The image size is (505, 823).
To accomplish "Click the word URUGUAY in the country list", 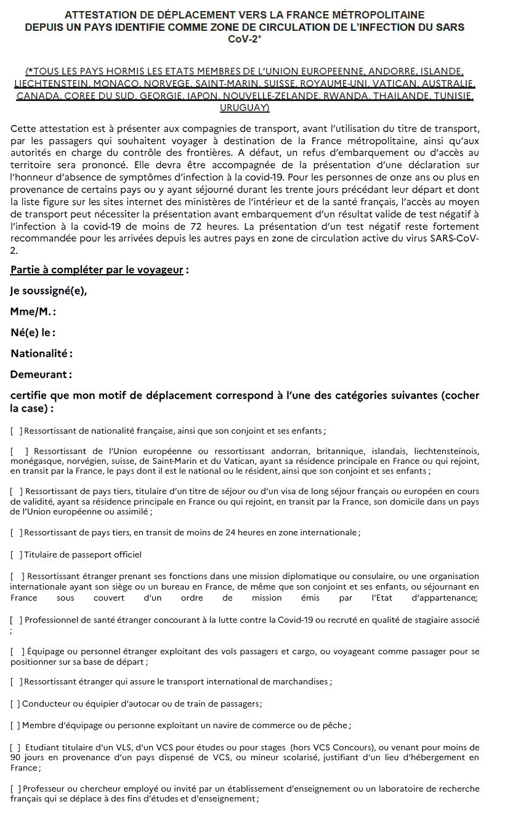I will (x=244, y=108).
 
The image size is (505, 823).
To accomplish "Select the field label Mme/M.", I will (x=33, y=312).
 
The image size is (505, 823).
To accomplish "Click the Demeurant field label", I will (x=41, y=374).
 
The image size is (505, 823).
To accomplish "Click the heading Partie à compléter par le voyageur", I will (x=97, y=270).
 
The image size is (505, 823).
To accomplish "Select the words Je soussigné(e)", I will (x=49, y=291).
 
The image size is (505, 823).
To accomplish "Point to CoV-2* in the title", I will (x=244, y=38).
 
